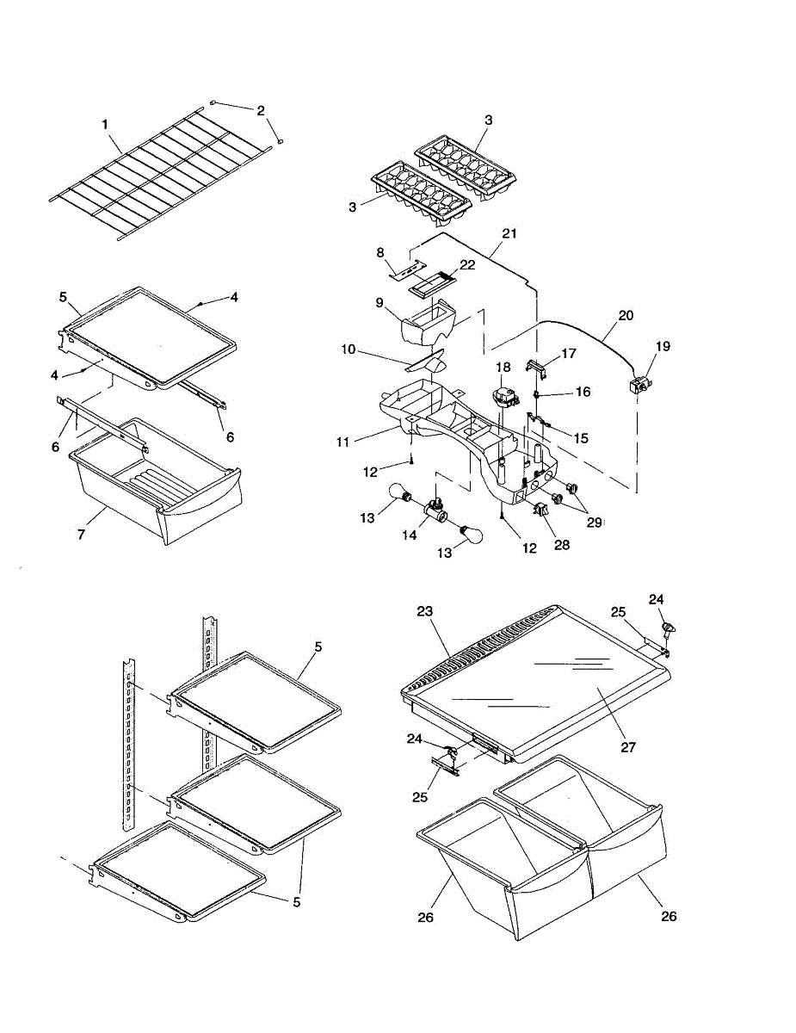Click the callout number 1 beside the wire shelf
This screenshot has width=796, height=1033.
tap(105, 125)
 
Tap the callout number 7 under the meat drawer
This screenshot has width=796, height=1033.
tap(81, 535)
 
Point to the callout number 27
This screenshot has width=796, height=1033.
tap(629, 747)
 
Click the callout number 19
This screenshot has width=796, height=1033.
tap(662, 346)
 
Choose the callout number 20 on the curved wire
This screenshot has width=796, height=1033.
tap(626, 315)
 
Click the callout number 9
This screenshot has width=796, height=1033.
tap(379, 302)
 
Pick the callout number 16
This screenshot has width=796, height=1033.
tap(583, 392)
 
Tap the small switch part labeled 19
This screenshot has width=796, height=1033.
tap(640, 387)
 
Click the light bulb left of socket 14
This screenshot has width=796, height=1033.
tap(402, 495)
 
